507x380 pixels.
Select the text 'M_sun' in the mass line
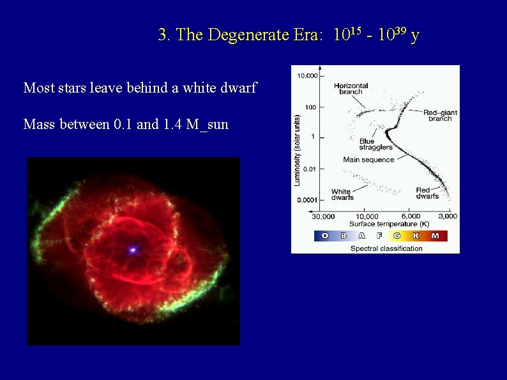tap(208, 124)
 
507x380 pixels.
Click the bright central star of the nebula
tap(133, 250)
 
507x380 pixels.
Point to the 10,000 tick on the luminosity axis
tap(306, 76)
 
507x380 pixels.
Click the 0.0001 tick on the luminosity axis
tap(307, 200)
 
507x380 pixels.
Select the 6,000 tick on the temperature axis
tap(411, 216)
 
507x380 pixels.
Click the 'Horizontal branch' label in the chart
tap(351, 89)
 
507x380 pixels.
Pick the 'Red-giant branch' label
tap(439, 116)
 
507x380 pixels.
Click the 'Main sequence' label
tap(368, 160)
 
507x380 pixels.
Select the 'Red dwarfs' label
tap(427, 193)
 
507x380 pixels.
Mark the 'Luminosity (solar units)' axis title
tap(297, 150)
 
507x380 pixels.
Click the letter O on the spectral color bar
tap(324, 236)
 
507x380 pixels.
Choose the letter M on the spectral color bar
tap(435, 236)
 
